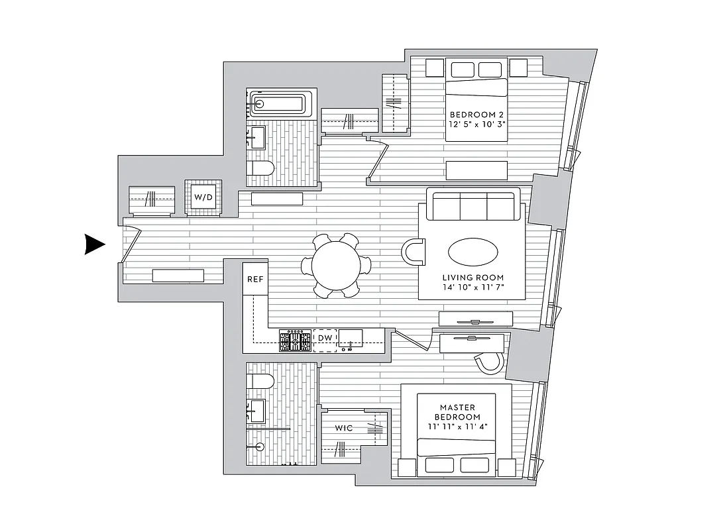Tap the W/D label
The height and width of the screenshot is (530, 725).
point(203,197)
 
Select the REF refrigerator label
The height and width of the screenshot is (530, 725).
point(255,279)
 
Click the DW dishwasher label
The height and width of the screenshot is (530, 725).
point(325,339)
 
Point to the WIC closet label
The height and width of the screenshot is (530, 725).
point(343,429)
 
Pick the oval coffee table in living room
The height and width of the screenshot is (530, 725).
point(473,252)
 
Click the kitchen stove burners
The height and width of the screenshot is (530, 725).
point(295,341)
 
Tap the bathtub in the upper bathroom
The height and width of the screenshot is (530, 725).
point(278,104)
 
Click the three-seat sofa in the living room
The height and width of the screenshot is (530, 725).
point(474,205)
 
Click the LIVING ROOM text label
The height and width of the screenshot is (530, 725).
point(473,278)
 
